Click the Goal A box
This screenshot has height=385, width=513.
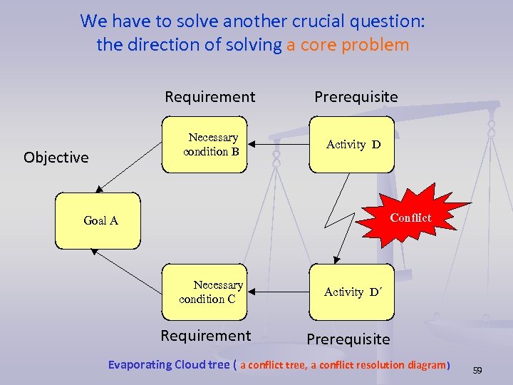pyautogui.click(x=98, y=220)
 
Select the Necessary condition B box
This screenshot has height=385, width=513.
pyautogui.click(x=204, y=145)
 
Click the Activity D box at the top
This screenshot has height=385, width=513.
pyautogui.click(x=352, y=145)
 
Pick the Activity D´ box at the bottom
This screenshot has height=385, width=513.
pyautogui.click(x=352, y=292)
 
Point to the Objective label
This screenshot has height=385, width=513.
pyautogui.click(x=56, y=158)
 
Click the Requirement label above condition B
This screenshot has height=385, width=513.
pyautogui.click(x=209, y=96)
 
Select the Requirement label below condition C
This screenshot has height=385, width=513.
pyautogui.click(x=205, y=336)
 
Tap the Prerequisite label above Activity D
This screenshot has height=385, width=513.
pyautogui.click(x=356, y=96)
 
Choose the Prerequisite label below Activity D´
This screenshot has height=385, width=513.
pyautogui.click(x=348, y=339)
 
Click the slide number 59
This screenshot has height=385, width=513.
pyautogui.click(x=477, y=370)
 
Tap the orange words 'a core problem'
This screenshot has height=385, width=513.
pyautogui.click(x=348, y=45)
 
